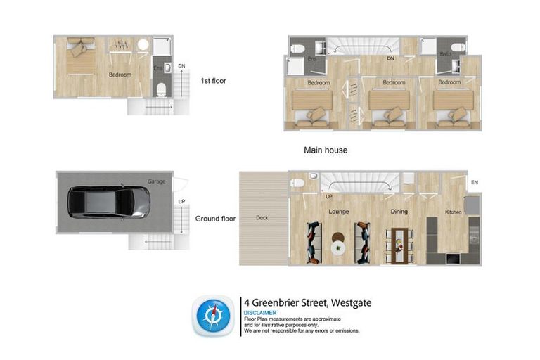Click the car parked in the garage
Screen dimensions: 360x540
coord(108,202)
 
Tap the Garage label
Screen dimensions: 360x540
coord(156,181)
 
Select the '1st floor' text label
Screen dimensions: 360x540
coord(213,80)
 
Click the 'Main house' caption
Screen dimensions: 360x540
coord(325,150)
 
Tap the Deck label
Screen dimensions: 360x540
coord(262,219)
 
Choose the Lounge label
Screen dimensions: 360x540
coord(338,211)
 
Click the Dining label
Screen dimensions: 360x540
coord(399,211)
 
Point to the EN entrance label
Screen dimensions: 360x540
coord(475,183)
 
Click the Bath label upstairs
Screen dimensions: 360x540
coord(445,54)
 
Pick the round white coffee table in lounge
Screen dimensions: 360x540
coord(337,247)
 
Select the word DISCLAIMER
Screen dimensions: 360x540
coord(260,313)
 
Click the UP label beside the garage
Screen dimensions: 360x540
coord(181,201)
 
